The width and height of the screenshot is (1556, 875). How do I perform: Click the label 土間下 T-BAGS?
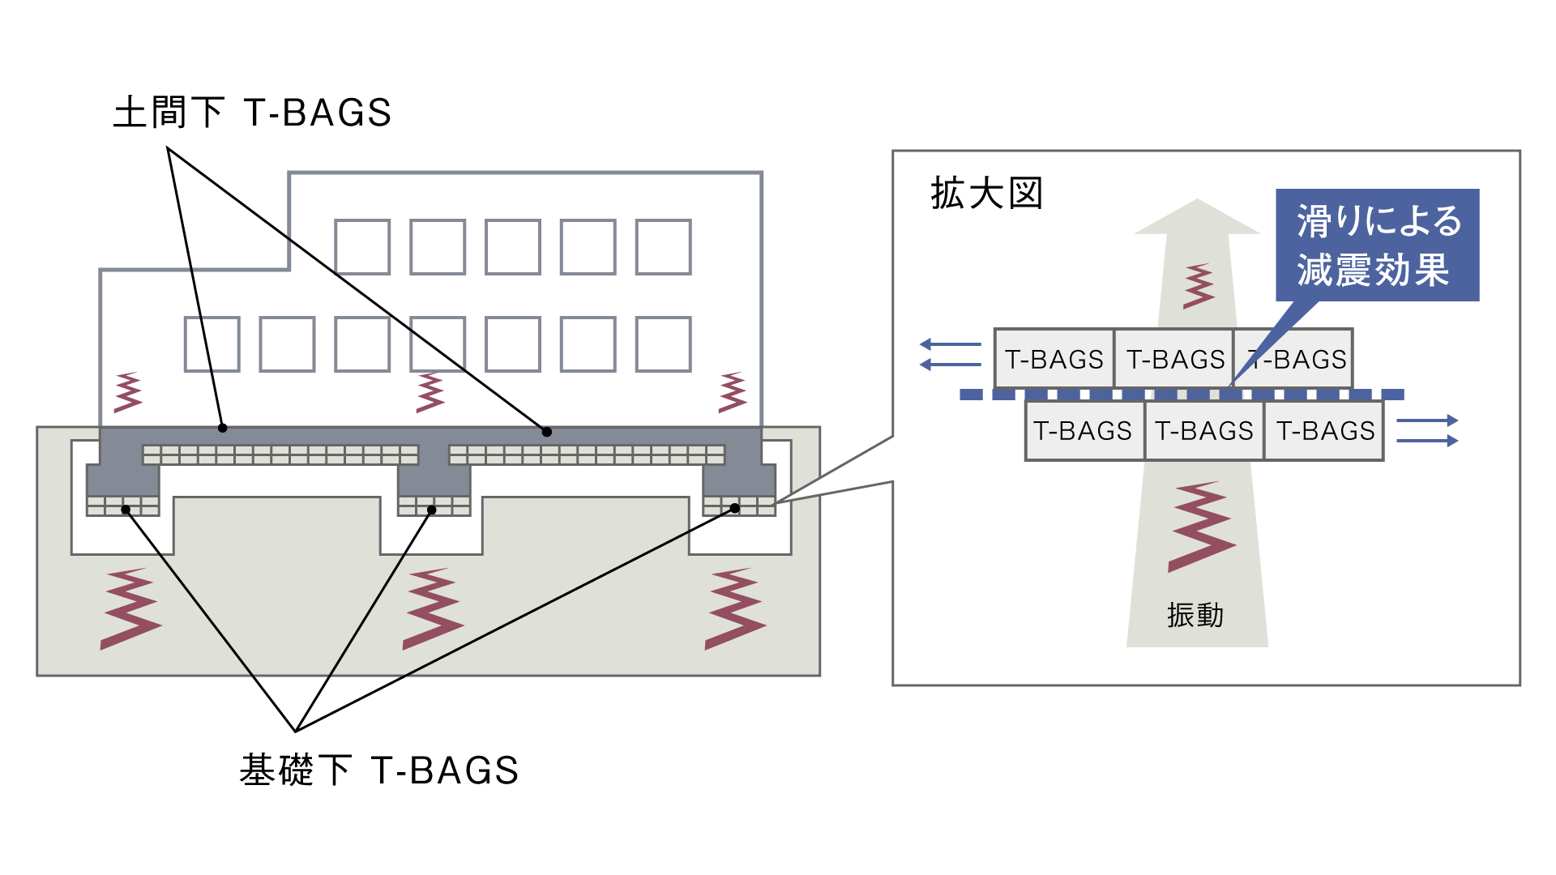point(252,113)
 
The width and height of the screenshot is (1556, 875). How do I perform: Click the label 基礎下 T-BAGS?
point(378,770)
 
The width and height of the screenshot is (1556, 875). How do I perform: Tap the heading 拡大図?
point(986,194)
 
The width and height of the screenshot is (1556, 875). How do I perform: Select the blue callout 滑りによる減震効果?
point(1378,245)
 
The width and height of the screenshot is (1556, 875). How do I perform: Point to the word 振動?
point(1195,616)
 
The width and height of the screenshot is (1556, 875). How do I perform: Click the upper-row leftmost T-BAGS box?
point(1054,359)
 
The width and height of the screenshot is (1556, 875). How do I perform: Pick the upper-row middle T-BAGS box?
point(1174,359)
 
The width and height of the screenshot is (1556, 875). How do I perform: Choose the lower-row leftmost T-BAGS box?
point(1084,430)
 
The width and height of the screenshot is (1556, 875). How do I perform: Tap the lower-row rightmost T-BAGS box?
point(1324,430)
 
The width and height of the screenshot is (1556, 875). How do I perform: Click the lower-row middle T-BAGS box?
point(1204,430)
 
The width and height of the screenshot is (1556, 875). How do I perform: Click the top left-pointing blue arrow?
point(951,344)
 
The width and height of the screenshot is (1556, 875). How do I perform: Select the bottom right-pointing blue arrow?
point(1427,441)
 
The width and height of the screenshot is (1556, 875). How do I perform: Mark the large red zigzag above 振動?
point(1201,527)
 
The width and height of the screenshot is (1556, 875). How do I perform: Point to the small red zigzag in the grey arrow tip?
point(1199,286)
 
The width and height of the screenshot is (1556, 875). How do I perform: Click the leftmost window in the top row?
point(362,247)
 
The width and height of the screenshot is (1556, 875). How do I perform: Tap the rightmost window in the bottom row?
point(663,344)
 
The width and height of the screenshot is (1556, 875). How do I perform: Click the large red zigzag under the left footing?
point(130,609)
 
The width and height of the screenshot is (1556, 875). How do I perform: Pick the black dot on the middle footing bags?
point(432,510)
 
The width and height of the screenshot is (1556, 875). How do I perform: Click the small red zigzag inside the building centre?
point(430,393)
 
